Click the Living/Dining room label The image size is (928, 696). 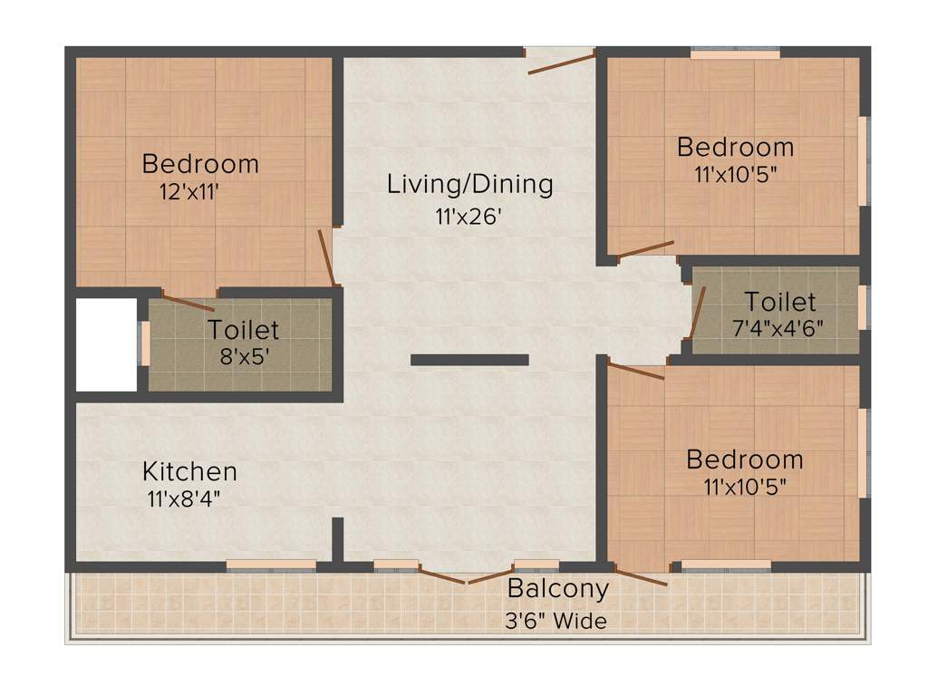pyautogui.click(x=469, y=184)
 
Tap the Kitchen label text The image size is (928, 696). pyautogui.click(x=189, y=471)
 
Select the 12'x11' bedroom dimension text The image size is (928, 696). pyautogui.click(x=189, y=191)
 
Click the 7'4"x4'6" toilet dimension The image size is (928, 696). pyautogui.click(x=778, y=328)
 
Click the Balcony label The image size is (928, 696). pyautogui.click(x=557, y=589)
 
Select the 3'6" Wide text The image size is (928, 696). pyautogui.click(x=556, y=622)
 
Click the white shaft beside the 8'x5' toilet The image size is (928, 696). pyautogui.click(x=105, y=344)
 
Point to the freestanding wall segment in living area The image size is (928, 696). pyautogui.click(x=469, y=360)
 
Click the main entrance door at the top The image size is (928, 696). pyautogui.click(x=561, y=63)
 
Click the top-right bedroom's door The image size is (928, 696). pyautogui.click(x=645, y=248)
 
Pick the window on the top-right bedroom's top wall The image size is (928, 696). pyautogui.click(x=735, y=54)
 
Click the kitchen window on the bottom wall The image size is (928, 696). pyautogui.click(x=271, y=565)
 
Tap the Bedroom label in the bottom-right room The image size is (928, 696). pyautogui.click(x=744, y=459)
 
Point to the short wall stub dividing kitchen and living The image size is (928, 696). pyautogui.click(x=337, y=540)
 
